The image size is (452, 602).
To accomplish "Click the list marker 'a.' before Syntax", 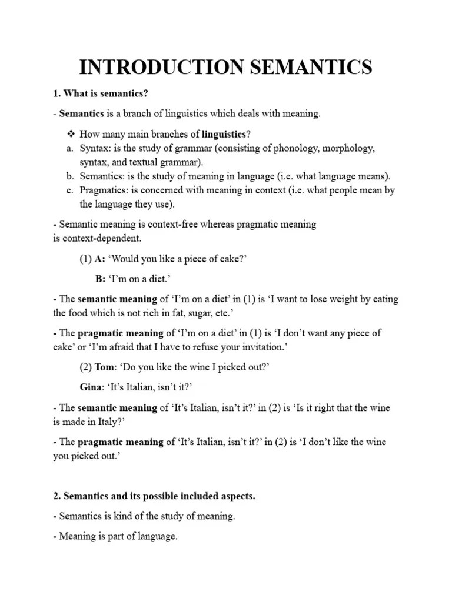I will pos(69,148).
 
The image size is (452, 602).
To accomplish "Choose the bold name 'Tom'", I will pos(105,367).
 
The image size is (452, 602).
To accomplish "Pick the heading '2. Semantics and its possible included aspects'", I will pos(154,496).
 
